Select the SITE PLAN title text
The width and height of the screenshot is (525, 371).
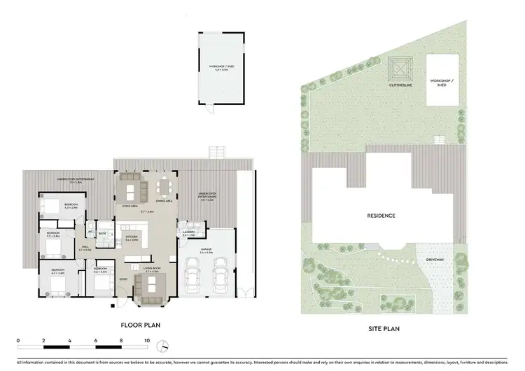[x=384, y=325]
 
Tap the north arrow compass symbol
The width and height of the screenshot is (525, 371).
[x=162, y=346]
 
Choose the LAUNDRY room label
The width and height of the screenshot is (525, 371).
[x=188, y=232]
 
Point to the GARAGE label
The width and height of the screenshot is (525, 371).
[x=206, y=248]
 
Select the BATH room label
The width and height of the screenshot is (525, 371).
[x=102, y=233]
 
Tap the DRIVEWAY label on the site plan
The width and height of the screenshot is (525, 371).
[x=435, y=260]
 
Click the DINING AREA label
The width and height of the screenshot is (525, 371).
[x=164, y=202]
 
